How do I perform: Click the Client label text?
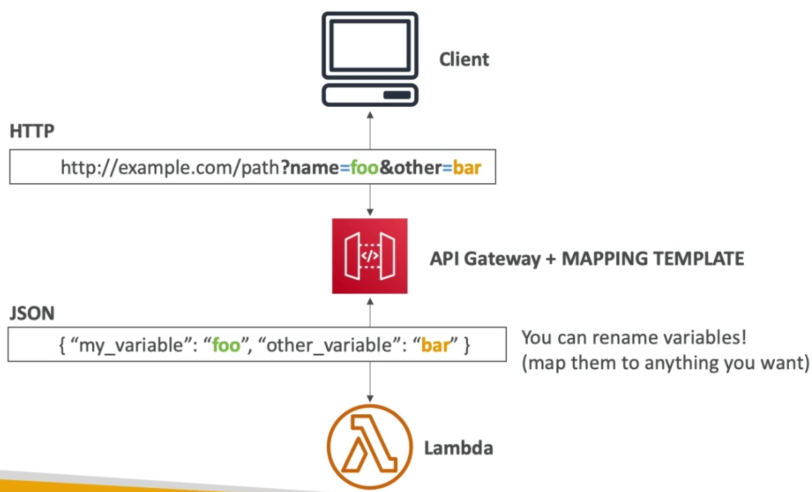[x=464, y=59]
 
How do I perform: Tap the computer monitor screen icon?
[x=370, y=46]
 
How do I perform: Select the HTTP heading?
[x=32, y=131]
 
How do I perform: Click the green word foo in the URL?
[x=364, y=168]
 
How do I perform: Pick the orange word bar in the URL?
[x=467, y=168]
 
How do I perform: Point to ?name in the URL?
[x=309, y=168]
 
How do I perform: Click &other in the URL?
[x=410, y=168]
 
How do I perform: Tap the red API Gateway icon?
[x=370, y=256]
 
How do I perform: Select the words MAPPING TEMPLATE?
[x=652, y=259]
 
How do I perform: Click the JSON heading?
[x=32, y=314]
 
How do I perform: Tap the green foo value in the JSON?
[x=226, y=346]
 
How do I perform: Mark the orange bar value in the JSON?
[x=435, y=346]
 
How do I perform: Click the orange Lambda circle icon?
[x=370, y=447]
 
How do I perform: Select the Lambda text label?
[x=458, y=449]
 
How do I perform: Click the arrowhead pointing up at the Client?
[x=370, y=116]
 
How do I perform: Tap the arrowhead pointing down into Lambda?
[x=370, y=398]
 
